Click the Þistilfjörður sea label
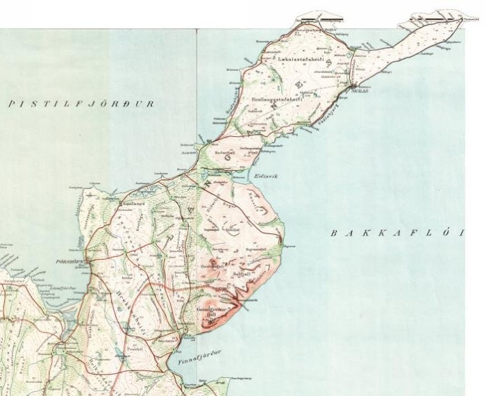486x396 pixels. pos(81,104)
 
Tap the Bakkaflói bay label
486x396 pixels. pos(396,233)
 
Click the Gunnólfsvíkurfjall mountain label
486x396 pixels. pos(208,310)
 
